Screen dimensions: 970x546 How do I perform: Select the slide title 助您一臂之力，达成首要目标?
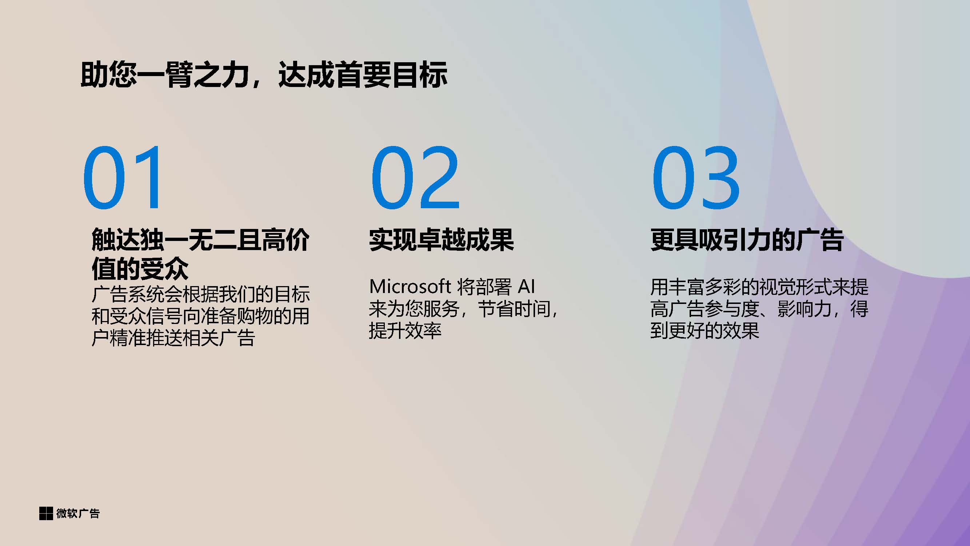(x=264, y=75)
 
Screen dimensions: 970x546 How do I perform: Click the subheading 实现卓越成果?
(x=441, y=240)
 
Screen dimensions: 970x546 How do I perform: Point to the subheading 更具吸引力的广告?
(x=747, y=240)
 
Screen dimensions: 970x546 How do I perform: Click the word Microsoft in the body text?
(x=410, y=287)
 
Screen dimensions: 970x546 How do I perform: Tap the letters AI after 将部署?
(x=526, y=287)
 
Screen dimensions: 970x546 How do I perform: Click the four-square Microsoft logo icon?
(x=46, y=513)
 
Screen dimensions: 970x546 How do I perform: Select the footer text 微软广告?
(x=78, y=513)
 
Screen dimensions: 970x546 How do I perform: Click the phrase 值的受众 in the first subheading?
(x=140, y=268)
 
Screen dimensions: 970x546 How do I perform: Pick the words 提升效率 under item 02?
(x=405, y=331)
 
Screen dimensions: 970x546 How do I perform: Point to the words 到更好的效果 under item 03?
(x=704, y=331)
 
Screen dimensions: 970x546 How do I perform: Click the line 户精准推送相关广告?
(x=173, y=338)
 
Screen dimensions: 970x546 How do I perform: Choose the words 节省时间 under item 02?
(x=514, y=309)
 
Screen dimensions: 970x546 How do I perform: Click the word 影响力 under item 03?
(x=804, y=309)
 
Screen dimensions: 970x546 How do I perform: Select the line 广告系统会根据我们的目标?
(x=201, y=294)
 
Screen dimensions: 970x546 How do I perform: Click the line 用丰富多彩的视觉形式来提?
(x=759, y=287)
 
